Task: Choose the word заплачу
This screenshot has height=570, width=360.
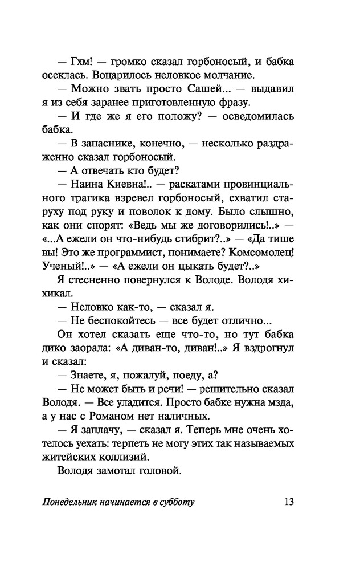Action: (102, 431)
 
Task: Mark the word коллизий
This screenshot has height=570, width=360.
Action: (127, 459)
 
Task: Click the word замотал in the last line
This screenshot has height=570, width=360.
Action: (121, 473)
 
